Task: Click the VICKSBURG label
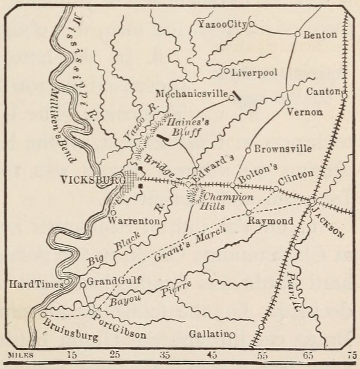tap(91, 179)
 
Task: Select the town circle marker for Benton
tap(297, 34)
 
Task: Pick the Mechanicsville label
tap(192, 94)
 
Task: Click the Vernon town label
tap(305, 112)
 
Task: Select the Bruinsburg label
tap(71, 331)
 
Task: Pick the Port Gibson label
tap(118, 320)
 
